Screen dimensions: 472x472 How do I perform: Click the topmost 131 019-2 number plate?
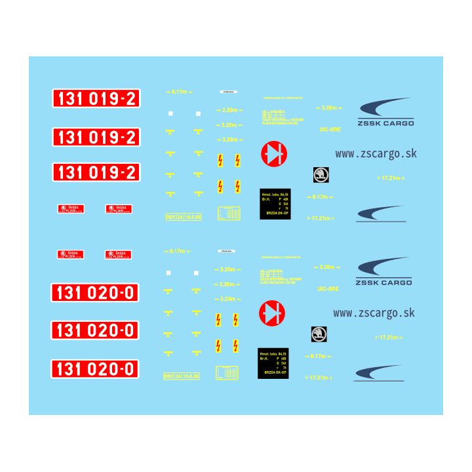coord(96,99)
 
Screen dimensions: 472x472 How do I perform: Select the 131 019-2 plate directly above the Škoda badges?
coord(96,172)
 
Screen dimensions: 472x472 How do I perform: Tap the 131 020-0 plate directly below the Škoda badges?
coord(96,292)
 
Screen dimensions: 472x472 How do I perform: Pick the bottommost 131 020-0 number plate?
coord(96,369)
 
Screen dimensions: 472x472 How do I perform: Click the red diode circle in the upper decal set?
coord(273,155)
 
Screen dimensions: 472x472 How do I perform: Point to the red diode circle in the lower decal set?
coord(272,314)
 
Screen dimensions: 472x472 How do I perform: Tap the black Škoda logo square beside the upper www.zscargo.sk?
coord(321,175)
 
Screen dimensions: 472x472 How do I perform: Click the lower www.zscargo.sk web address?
coord(374,313)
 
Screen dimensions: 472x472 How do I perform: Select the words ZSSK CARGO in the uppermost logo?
coord(385,123)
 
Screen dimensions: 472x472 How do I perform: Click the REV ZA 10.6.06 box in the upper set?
coord(183,216)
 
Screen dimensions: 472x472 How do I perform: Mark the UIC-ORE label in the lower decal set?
coord(328,288)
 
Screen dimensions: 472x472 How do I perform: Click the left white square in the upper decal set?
coord(170,113)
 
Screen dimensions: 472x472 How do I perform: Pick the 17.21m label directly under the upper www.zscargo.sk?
coord(391,178)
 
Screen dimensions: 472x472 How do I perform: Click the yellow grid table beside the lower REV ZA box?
coord(228,372)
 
